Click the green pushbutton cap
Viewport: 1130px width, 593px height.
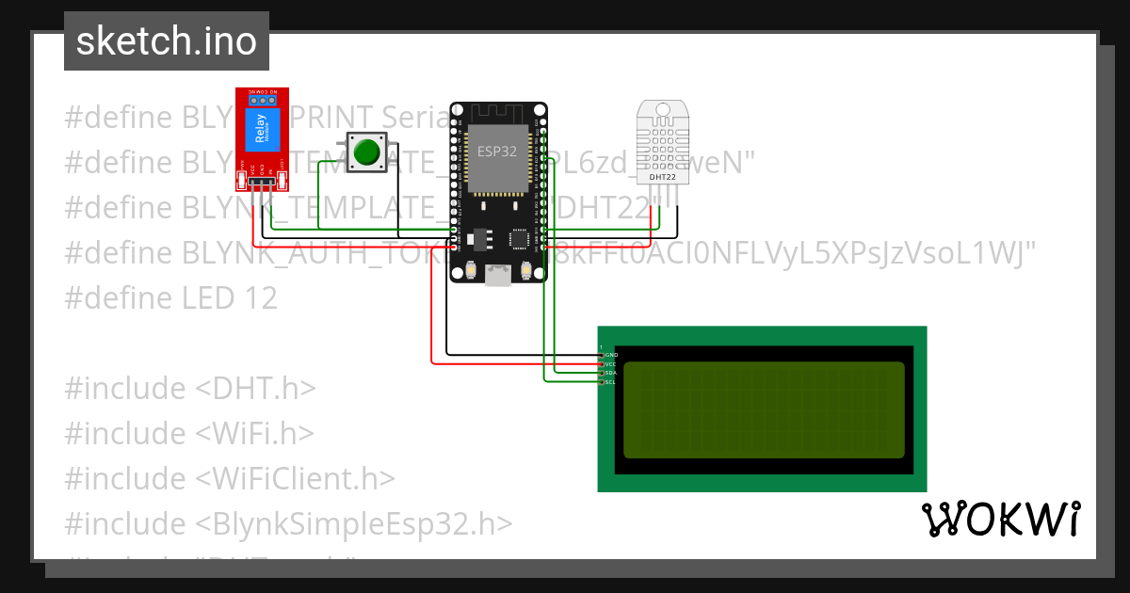(x=366, y=152)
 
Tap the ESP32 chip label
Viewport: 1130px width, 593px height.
(x=496, y=151)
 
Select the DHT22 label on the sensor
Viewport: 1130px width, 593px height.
(x=663, y=176)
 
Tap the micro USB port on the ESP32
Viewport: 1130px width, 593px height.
(x=497, y=275)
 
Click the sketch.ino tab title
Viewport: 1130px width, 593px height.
(x=166, y=41)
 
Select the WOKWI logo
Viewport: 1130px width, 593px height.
(x=1000, y=519)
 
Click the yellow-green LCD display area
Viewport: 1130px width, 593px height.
(x=764, y=409)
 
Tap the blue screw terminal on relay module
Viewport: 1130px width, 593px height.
(x=262, y=97)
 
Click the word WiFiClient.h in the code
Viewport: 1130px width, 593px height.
(x=296, y=478)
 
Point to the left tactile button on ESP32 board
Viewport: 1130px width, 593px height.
(x=469, y=271)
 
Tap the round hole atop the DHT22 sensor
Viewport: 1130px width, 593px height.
(x=663, y=110)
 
